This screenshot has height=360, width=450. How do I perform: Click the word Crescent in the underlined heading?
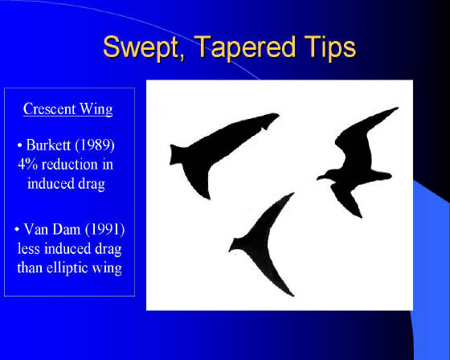click(49, 108)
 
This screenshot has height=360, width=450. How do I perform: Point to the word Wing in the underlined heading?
click(96, 109)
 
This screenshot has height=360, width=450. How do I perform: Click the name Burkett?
click(48, 145)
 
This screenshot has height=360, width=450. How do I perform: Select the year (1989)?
click(95, 145)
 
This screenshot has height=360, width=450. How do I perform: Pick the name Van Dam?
click(52, 229)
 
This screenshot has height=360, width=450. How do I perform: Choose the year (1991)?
click(105, 229)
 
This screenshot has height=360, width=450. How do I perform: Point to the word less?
click(29, 248)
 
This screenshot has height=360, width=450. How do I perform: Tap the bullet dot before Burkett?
click(19, 145)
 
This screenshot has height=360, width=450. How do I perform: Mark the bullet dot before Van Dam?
click(17, 230)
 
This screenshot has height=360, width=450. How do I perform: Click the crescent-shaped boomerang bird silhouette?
click(258, 244)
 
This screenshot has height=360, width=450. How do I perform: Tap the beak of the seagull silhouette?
click(319, 178)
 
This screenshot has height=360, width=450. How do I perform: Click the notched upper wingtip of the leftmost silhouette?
click(272, 118)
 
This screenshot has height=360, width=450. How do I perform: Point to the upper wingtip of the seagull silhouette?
click(397, 108)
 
